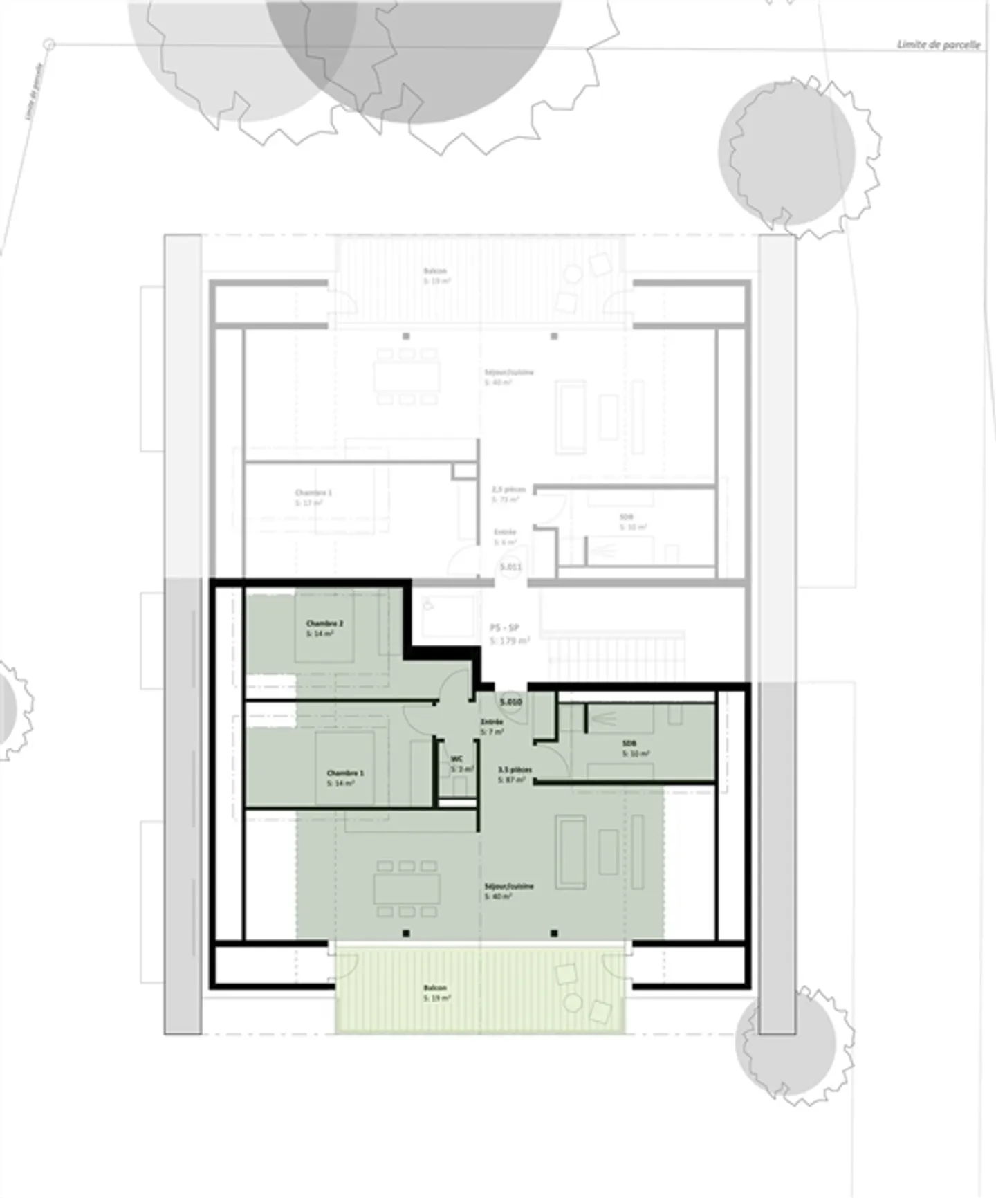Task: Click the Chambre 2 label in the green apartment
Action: coord(325,623)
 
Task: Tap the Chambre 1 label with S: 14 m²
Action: coord(345,773)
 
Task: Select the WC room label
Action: coord(456,758)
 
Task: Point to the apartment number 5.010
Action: coord(510,702)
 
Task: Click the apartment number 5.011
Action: coord(510,567)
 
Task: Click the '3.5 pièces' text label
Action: coord(515,769)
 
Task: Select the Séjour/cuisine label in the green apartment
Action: coord(509,886)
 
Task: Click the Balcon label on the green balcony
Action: coord(435,988)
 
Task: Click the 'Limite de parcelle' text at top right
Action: coord(939,44)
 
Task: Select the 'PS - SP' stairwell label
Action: coord(504,628)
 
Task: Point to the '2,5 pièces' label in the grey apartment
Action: coord(508,489)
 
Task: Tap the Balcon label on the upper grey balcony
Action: coord(435,271)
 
